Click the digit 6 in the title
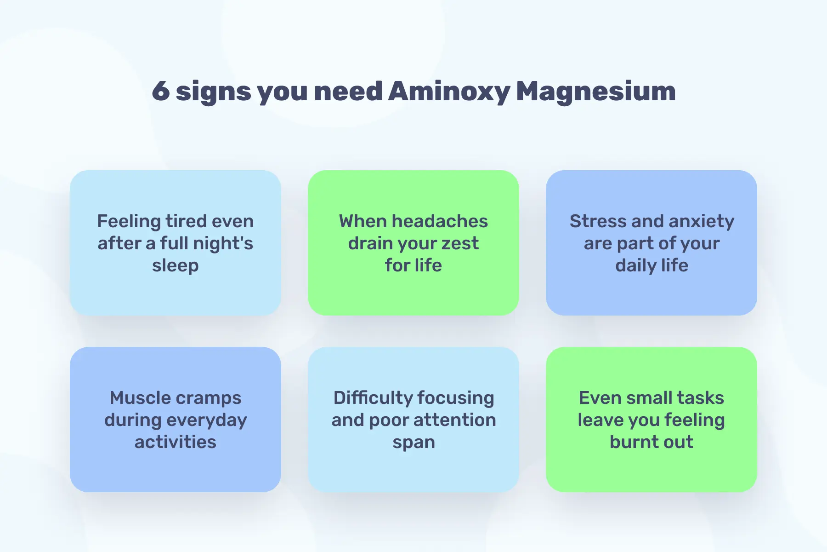[x=161, y=91]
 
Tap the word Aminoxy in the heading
[x=449, y=92]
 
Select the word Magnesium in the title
[x=596, y=92]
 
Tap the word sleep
[x=176, y=266]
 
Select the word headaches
[x=440, y=221]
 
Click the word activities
[x=176, y=442]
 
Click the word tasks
[x=700, y=398]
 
